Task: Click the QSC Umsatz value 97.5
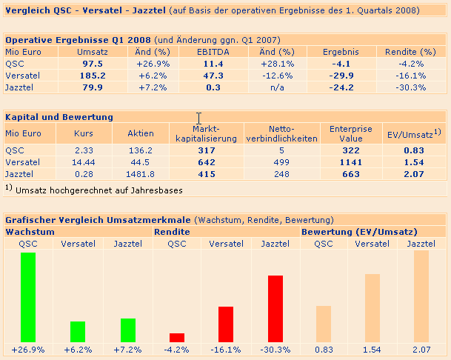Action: pos(93,64)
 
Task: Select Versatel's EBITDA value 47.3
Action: pos(213,76)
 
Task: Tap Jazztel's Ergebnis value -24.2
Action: pos(341,87)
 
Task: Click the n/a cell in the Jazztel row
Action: pos(277,87)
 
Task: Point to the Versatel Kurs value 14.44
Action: pos(84,161)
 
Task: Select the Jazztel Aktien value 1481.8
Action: pos(140,174)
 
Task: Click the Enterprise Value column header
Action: pos(351,133)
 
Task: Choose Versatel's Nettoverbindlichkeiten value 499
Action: pos(281,161)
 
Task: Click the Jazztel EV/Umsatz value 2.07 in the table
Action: pos(414,174)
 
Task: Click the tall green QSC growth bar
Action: pos(28,297)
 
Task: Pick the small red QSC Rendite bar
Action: pos(177,337)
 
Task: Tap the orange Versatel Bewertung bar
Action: pos(373,307)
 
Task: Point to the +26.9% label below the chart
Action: pos(29,349)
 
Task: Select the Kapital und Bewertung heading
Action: pos(59,117)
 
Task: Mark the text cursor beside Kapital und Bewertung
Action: pos(198,118)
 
